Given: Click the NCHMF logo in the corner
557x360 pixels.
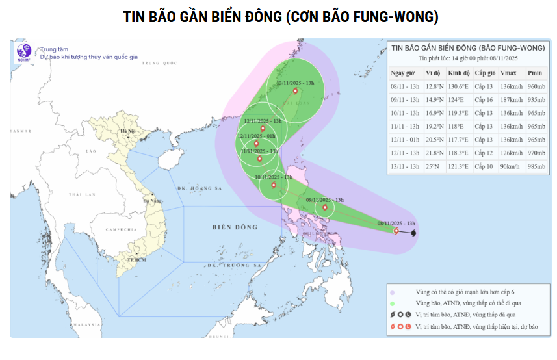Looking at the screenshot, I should coord(24,53).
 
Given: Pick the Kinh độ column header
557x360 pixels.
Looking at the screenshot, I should coord(458,73).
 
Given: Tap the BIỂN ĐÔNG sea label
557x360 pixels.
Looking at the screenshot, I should coord(235,227).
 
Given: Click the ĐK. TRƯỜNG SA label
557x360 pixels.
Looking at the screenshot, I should coord(234,266).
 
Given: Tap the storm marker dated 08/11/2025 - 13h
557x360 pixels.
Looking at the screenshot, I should coord(396,231).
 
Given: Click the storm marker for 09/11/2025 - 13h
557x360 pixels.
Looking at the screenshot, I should coord(324,208).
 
